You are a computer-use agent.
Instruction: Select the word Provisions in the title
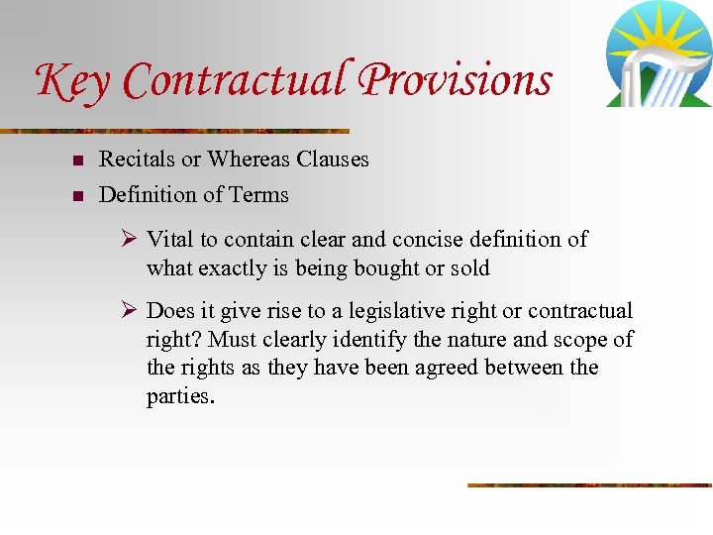(x=457, y=80)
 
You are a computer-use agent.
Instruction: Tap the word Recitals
(x=136, y=160)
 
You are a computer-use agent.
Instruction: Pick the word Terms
(x=259, y=195)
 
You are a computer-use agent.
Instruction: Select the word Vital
(x=169, y=240)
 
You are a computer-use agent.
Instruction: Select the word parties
(x=179, y=397)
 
